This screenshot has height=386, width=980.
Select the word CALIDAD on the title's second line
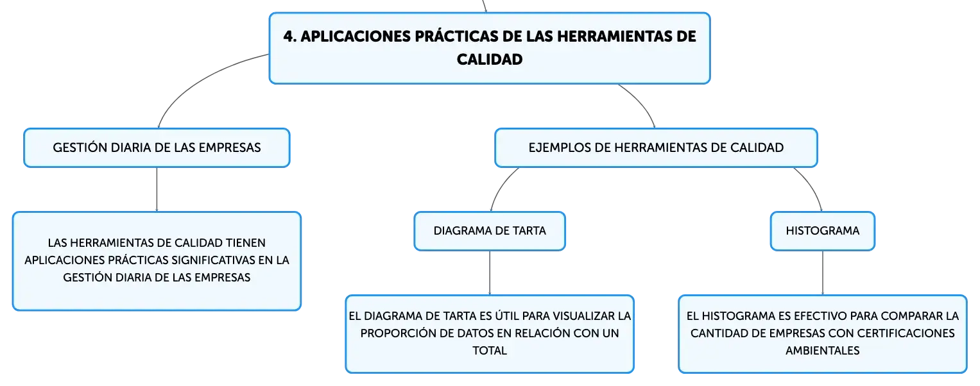click(x=490, y=60)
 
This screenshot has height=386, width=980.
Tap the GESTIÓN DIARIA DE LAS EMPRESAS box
click(x=157, y=147)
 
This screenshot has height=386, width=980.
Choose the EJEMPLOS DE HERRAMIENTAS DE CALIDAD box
click(x=657, y=147)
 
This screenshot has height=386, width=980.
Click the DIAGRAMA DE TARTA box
click(x=490, y=231)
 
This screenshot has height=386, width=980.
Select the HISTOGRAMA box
click(x=823, y=231)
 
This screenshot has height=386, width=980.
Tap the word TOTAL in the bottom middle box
click(x=490, y=351)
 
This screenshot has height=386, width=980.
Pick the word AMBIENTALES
click(x=823, y=351)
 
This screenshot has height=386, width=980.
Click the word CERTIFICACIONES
click(x=906, y=333)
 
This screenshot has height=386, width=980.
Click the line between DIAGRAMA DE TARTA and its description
click(x=490, y=273)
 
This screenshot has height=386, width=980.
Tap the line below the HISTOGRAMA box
click(x=823, y=273)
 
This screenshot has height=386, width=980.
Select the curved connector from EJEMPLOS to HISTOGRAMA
click(x=813, y=186)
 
